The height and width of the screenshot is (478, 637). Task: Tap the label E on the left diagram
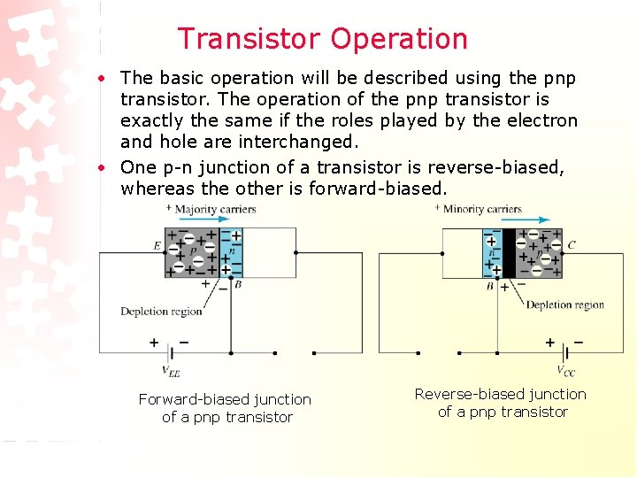[x=157, y=246]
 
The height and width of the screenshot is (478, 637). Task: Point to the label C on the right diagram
[x=572, y=245]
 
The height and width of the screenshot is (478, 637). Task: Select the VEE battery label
[x=170, y=372]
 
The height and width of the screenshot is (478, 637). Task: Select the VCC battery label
[x=566, y=371]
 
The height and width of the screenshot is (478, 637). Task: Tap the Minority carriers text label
[x=482, y=209]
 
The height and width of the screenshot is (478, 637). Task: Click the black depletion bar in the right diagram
[x=509, y=252]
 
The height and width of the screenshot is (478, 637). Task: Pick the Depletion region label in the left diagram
[x=161, y=311]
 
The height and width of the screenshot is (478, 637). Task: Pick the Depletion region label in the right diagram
[x=565, y=305]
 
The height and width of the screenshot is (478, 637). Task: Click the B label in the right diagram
[x=489, y=286]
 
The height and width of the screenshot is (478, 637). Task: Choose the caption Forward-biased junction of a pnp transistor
[x=226, y=408]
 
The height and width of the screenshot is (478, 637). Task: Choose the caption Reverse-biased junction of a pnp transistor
[x=501, y=403]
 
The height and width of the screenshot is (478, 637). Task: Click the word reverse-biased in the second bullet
[x=500, y=167]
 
